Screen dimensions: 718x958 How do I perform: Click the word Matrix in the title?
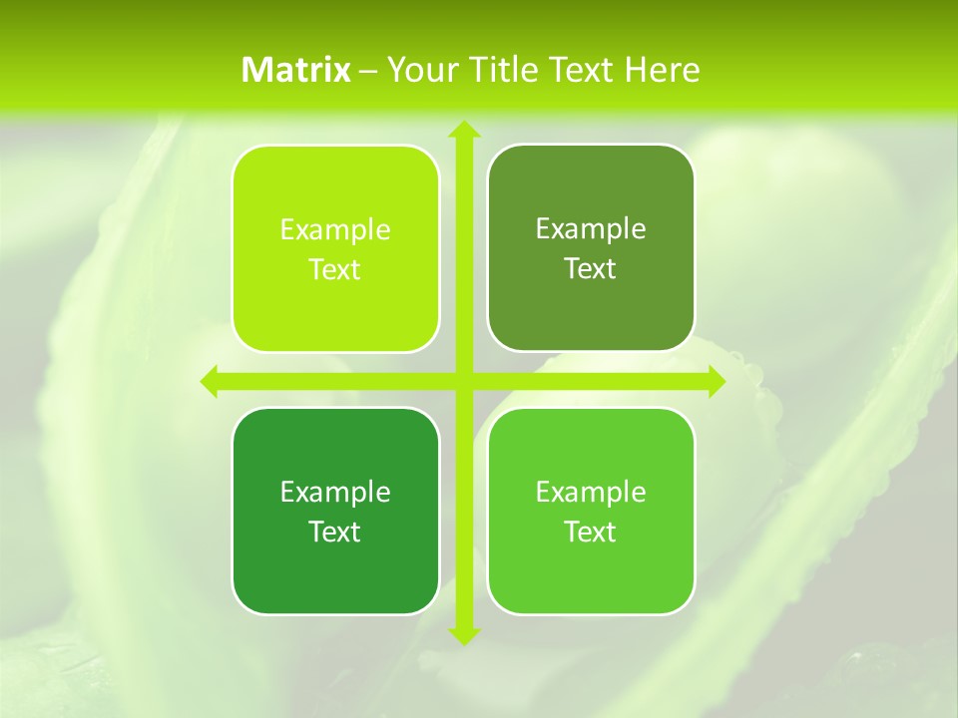coord(296,70)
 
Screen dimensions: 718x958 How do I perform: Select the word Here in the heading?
coord(663,70)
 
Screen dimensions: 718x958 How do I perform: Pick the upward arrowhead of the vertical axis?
coord(463,130)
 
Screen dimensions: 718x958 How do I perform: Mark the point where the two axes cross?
coord(463,381)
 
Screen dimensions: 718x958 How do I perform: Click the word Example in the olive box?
coord(591,228)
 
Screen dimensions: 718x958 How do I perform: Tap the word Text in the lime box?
coord(335,270)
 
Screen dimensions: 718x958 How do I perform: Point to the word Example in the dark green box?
coord(335,492)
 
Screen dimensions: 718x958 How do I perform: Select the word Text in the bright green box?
coord(591,532)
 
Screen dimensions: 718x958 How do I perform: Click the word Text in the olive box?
coord(591,269)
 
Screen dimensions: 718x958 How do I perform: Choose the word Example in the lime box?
coord(335,229)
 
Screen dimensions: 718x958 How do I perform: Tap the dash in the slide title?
coord(368,71)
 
